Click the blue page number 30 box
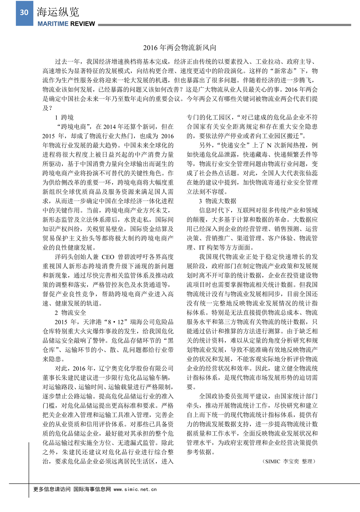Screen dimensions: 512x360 24,13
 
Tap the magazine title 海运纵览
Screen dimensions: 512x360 58,12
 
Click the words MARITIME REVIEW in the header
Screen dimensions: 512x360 66,24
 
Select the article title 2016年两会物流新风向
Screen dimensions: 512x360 180,48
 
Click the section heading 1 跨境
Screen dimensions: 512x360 64,118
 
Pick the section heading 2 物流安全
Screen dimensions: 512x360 70,313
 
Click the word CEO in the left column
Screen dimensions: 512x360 108,257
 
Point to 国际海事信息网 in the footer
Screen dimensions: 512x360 92,489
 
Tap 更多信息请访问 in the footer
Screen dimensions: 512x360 52,489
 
